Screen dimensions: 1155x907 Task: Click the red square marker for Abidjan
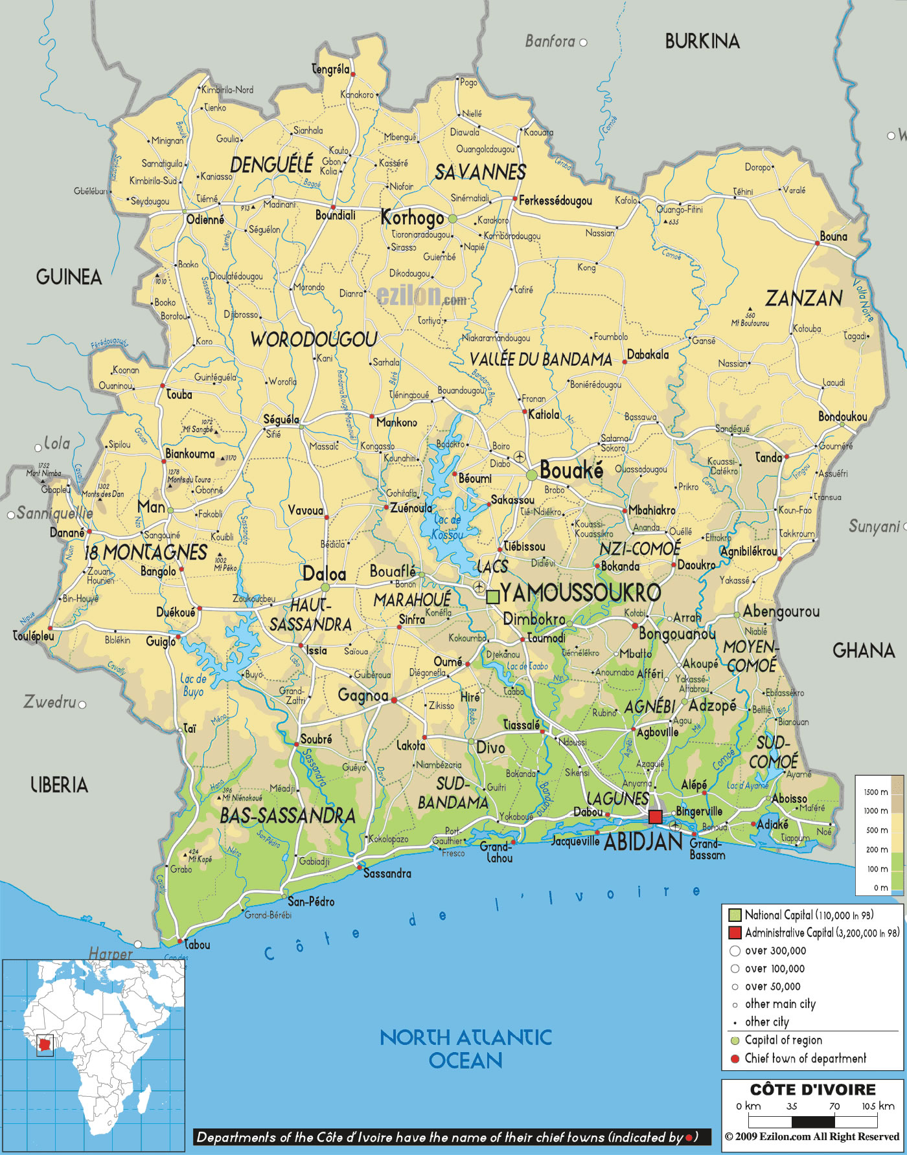pyautogui.click(x=655, y=816)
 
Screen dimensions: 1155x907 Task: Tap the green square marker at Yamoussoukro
pyautogui.click(x=492, y=596)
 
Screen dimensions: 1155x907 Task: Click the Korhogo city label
pyautogui.click(x=412, y=218)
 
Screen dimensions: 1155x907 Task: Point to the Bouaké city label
pyautogui.click(x=571, y=470)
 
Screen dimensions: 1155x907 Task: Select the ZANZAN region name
pyautogui.click(x=804, y=298)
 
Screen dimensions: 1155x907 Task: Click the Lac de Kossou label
pyautogui.click(x=448, y=527)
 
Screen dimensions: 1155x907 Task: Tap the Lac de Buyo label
pyautogui.click(x=193, y=685)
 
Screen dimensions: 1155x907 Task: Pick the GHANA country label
pyautogui.click(x=863, y=650)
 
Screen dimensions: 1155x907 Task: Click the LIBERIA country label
pyautogui.click(x=59, y=785)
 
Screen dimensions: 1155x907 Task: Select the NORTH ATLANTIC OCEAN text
pyautogui.click(x=466, y=1049)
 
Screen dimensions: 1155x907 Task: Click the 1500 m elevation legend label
pyautogui.click(x=875, y=792)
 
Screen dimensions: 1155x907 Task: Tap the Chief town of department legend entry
pyautogui.click(x=805, y=1058)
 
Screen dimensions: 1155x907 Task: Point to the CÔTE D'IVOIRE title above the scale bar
pyautogui.click(x=812, y=1090)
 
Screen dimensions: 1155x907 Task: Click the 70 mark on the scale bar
pyautogui.click(x=834, y=1106)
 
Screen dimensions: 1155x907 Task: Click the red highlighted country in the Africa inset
pyautogui.click(x=45, y=1044)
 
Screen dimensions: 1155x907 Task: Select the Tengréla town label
pyautogui.click(x=330, y=69)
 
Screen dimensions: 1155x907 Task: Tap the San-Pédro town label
pyautogui.click(x=311, y=901)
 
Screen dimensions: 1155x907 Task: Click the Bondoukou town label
pyautogui.click(x=842, y=416)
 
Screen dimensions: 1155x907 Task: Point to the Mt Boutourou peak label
pyautogui.click(x=750, y=322)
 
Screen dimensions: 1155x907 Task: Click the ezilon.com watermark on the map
pyautogui.click(x=421, y=297)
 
